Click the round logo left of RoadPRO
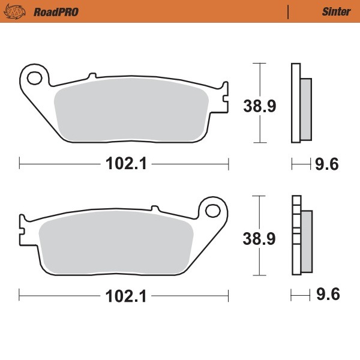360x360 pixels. tap(22, 11)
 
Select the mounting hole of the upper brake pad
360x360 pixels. tap(34, 77)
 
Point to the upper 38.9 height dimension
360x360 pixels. tap(259, 106)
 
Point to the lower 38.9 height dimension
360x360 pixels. tap(259, 238)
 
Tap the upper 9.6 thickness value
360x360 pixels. tap(327, 164)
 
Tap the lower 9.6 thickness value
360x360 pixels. tap(327, 296)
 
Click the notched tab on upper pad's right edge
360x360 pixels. tap(225, 96)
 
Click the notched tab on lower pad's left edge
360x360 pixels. tap(23, 231)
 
